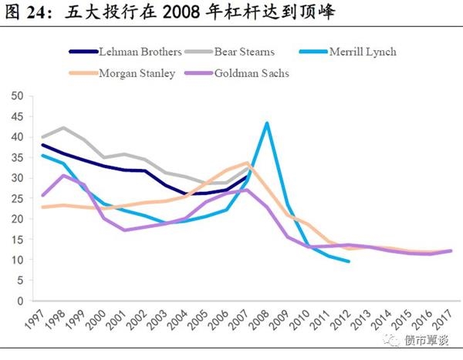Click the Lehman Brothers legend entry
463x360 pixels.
point(140,52)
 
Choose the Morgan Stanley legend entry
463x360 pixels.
point(138,73)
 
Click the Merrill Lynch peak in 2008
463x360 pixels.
point(266,123)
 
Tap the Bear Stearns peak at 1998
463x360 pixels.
point(63,128)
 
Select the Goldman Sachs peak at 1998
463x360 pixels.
point(63,176)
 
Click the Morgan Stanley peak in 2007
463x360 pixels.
point(246,163)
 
